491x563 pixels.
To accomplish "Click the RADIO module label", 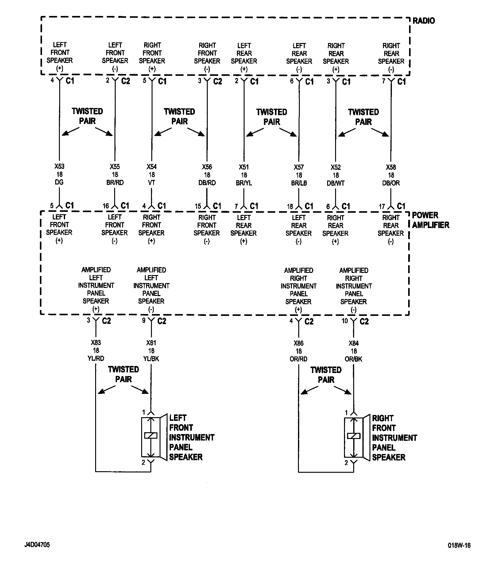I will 423,21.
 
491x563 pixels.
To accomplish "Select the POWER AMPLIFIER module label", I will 430,220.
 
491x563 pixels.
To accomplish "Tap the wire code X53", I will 59,166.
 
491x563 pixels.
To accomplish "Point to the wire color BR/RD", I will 115,183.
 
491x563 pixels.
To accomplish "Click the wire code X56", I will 207,167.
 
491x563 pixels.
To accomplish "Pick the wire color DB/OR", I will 391,183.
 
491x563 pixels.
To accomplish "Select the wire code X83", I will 96,343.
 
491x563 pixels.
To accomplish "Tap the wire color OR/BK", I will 354,359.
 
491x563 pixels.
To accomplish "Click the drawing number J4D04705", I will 37,545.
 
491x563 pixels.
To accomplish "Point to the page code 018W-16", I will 459,546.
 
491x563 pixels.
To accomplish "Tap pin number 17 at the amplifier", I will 382,207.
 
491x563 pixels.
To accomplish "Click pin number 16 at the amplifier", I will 106,206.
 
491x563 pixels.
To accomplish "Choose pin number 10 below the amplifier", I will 345,321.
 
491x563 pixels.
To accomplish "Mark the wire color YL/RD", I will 96,358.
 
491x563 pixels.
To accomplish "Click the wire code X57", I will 299,167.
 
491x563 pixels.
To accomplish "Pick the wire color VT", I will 152,183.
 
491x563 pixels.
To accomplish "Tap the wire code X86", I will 299,343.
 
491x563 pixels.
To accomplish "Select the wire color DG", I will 59,182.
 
